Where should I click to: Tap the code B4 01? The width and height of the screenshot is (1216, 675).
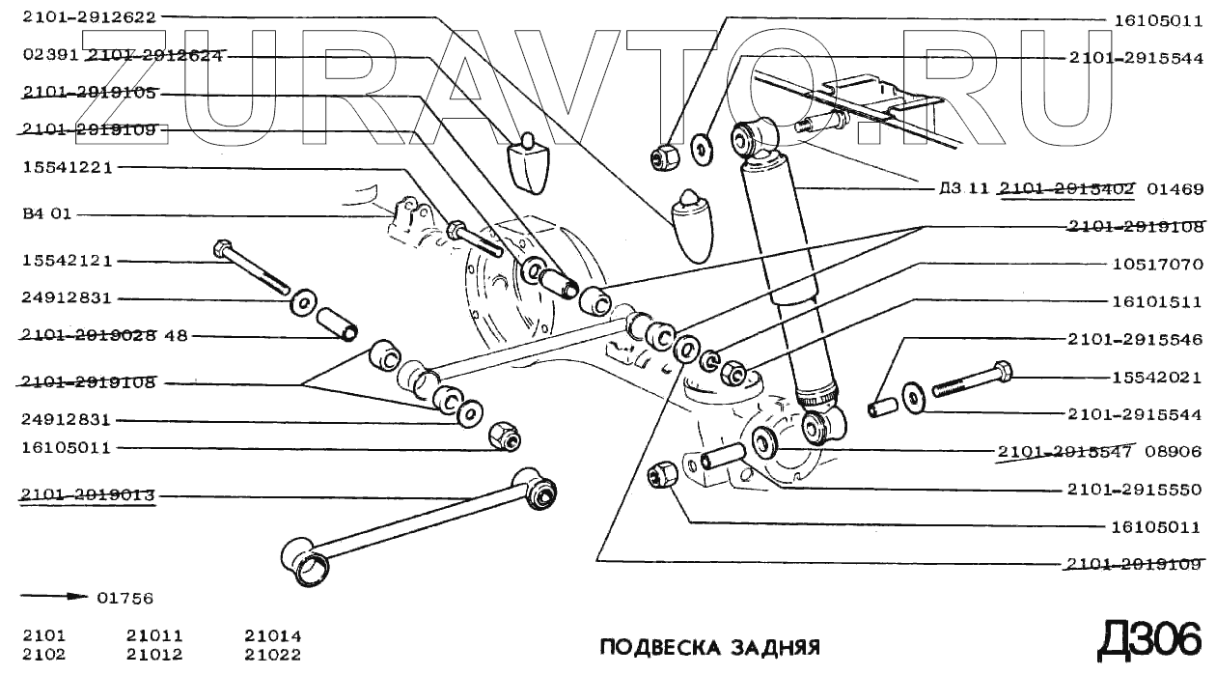click(46, 214)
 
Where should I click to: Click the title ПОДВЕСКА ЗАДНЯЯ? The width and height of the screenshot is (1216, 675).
click(709, 646)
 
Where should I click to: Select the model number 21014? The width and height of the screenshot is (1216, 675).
click(272, 636)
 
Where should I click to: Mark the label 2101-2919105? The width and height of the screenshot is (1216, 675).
click(89, 94)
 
